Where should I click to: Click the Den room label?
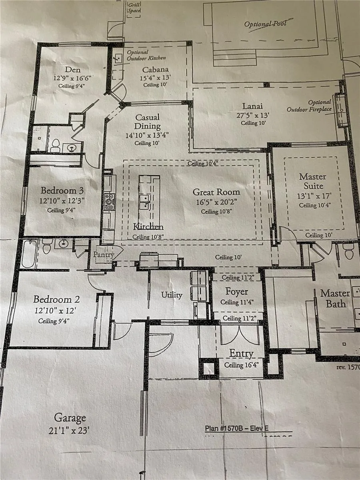point(73,70)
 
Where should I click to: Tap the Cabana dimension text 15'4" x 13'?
point(155,78)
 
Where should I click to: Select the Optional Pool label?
point(265,24)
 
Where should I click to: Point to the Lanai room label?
point(252,106)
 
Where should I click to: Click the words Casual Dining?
point(148,122)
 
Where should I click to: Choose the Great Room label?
point(216,192)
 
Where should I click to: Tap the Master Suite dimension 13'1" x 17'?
point(314,196)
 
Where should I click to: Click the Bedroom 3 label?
point(62,190)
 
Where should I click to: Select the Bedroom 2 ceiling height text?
point(54,321)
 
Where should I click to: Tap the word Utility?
point(172,295)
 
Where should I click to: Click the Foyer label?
point(237,292)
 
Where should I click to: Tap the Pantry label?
point(104,254)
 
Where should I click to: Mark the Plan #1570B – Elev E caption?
point(237,428)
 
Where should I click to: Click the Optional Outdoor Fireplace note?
point(309,106)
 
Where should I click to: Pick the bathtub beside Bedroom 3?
point(28,254)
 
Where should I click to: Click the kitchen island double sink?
point(144,202)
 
